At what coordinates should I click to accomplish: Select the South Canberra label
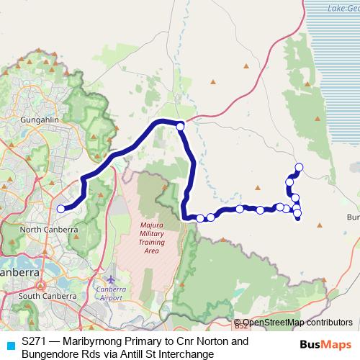47,296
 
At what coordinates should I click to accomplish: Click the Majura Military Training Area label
151,239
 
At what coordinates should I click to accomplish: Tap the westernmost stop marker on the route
61,209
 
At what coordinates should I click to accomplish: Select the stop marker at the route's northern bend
180,127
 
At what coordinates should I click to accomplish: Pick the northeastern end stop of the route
299,168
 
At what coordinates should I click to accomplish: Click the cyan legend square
10,343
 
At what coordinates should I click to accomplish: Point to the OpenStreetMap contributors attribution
297,322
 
